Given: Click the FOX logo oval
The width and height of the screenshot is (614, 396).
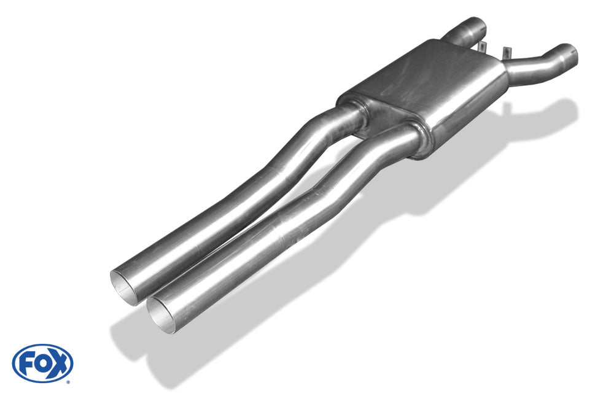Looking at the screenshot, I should tap(42, 363).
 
